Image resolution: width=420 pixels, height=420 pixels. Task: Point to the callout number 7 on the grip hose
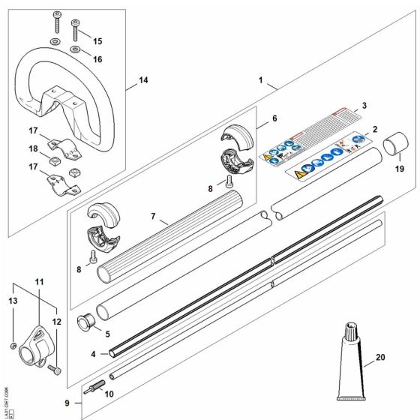(x=153, y=217)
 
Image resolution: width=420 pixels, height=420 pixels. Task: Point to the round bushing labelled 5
(x=86, y=323)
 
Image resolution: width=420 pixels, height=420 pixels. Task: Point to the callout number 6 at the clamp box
(x=274, y=118)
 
